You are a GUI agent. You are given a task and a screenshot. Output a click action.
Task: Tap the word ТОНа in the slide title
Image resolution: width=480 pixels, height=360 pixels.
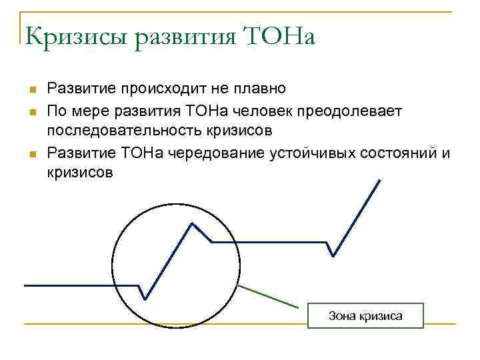(281, 37)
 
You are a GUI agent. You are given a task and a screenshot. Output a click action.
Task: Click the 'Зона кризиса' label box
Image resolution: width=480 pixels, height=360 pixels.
(365, 315)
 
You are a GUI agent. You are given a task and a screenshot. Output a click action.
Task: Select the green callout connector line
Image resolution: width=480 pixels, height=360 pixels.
(267, 296)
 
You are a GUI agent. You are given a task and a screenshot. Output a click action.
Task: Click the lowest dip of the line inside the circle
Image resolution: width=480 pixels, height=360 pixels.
(145, 299)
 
